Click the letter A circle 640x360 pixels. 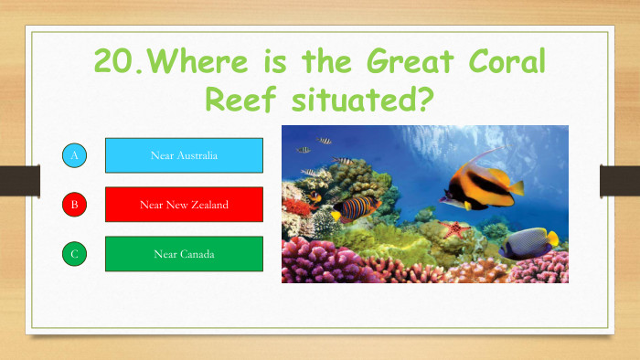pyautogui.click(x=75, y=156)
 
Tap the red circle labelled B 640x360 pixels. pyautogui.click(x=75, y=205)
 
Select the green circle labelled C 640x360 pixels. pyautogui.click(x=75, y=254)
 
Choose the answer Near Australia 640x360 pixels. pyautogui.click(x=184, y=155)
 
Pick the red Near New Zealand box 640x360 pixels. pyautogui.click(x=184, y=205)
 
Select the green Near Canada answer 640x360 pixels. pyautogui.click(x=184, y=254)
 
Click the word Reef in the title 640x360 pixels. pyautogui.click(x=241, y=99)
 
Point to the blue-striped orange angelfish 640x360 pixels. pyautogui.click(x=357, y=207)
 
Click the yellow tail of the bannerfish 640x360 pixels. pyautogui.click(x=515, y=188)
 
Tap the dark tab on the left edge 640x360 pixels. pyautogui.click(x=17, y=180)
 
